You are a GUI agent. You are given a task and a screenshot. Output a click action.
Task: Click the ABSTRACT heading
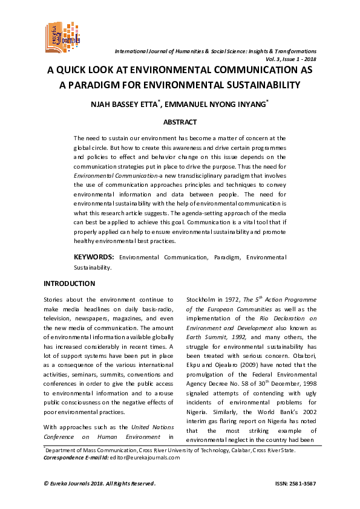tap(180, 122)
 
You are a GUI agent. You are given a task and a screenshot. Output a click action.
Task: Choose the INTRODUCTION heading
tap(70, 284)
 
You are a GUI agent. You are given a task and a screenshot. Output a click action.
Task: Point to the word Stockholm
tap(201, 300)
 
